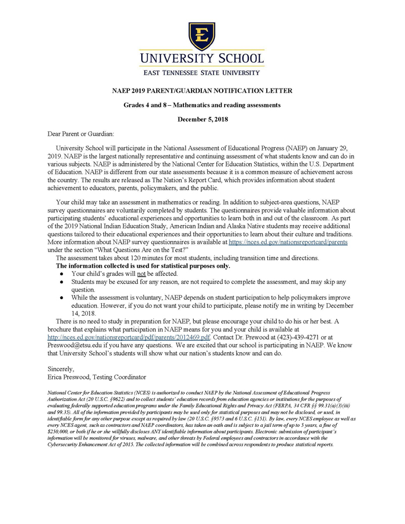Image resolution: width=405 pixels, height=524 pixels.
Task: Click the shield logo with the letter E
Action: point(202,36)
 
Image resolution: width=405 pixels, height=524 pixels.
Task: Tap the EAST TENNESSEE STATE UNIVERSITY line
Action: point(202,73)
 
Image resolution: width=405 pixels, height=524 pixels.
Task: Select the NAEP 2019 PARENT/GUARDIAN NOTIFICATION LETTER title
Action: point(202,91)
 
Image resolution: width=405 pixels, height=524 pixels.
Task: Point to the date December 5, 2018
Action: point(202,120)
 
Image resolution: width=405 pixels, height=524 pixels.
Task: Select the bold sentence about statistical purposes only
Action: point(143,266)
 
